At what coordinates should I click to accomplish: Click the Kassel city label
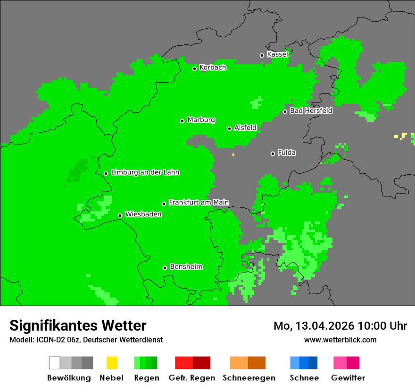point(277,54)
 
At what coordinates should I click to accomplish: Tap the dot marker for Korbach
point(194,68)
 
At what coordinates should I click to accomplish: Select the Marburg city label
point(201,120)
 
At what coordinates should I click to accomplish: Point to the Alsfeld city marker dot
point(229,128)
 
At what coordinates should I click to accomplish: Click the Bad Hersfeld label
point(311,111)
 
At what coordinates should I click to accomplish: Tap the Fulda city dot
point(273,153)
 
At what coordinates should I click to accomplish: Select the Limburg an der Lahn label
point(145,172)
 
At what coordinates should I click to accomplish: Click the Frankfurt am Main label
point(199,203)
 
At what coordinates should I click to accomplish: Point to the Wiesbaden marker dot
point(120,215)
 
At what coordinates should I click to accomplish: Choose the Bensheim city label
point(186,267)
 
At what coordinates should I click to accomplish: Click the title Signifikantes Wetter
point(78,325)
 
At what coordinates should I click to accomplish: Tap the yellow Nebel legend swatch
point(112,363)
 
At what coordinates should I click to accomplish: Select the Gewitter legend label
point(348,378)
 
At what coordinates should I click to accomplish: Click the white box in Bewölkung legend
point(55,363)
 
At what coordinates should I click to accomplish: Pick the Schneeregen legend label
point(249,378)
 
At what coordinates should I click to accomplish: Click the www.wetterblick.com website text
point(340,340)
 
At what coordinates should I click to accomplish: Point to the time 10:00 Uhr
point(382,326)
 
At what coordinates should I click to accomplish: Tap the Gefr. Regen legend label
point(192,378)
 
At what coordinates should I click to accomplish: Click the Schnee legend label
point(304,378)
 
